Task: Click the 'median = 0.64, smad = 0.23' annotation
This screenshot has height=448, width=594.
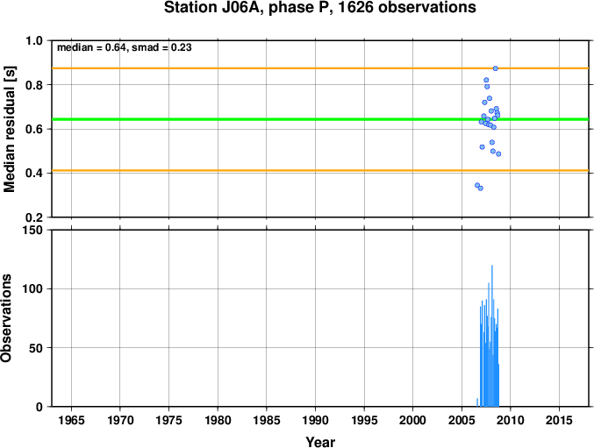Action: tap(125, 47)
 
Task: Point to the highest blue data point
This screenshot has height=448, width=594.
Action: tap(495, 68)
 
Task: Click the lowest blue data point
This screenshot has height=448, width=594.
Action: tap(480, 188)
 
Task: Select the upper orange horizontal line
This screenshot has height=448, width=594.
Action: tap(320, 68)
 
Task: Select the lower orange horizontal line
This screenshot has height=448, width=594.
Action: tap(320, 171)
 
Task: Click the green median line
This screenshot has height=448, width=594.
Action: tap(320, 119)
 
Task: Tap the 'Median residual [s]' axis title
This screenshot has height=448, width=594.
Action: tap(9, 129)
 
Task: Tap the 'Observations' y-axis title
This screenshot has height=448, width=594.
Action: tap(6, 318)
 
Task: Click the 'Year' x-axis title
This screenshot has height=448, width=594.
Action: tap(320, 442)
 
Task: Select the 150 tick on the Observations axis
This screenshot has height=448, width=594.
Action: tap(32, 230)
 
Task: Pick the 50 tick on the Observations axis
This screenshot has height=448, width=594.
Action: tap(36, 348)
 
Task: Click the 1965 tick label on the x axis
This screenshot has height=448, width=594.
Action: tap(72, 420)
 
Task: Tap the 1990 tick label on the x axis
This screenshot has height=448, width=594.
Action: tap(316, 420)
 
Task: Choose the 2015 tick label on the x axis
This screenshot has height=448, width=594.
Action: tap(560, 420)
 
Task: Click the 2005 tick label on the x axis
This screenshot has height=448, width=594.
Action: tap(462, 420)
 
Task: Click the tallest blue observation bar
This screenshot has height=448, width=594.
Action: tap(492, 336)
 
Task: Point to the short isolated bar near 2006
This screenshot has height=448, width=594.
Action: tap(477, 402)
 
